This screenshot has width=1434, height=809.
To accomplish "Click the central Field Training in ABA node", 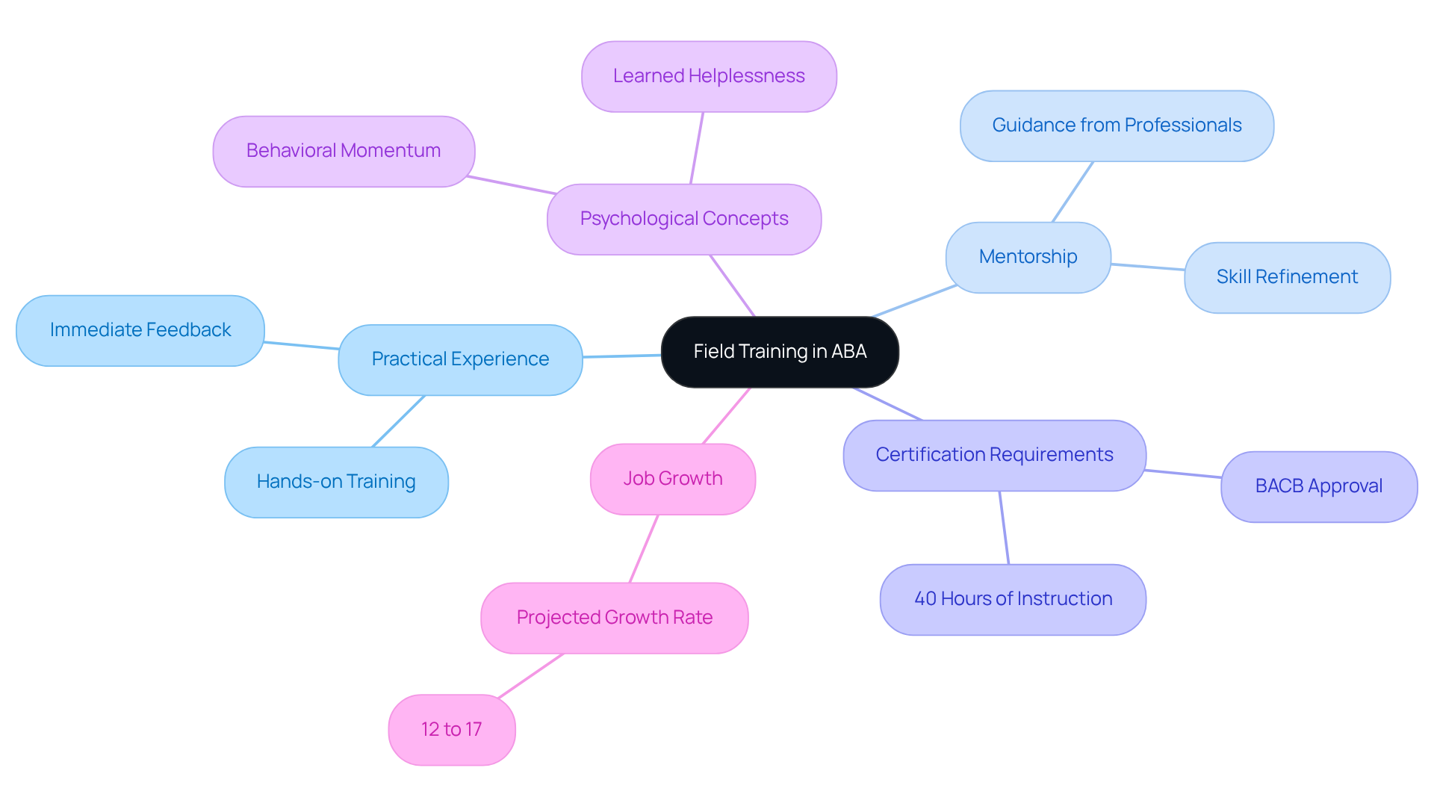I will [780, 352].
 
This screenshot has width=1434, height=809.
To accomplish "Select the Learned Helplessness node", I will [709, 76].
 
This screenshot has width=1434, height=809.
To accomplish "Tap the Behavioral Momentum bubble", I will [344, 151].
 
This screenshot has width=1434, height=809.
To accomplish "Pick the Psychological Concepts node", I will [684, 219].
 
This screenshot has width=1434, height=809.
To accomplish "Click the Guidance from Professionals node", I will [1117, 125].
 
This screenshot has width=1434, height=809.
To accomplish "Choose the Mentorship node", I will [1028, 257].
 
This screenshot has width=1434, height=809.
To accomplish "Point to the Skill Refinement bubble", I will [1287, 277].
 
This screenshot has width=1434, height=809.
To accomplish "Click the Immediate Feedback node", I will [140, 330].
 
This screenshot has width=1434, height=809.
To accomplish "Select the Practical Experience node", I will [460, 359].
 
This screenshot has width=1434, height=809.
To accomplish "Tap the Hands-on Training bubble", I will [336, 482].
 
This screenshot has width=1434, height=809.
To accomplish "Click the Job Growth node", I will [673, 479].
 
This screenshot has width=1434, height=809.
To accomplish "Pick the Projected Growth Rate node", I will [615, 618].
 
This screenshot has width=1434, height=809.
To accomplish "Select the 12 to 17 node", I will [452, 730].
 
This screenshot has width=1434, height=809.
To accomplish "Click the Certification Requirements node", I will [994, 455].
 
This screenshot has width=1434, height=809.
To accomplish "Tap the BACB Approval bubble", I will [1319, 486].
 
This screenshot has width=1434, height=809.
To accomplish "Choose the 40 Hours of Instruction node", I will [1013, 599].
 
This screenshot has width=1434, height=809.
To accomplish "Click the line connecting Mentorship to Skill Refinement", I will [1148, 267].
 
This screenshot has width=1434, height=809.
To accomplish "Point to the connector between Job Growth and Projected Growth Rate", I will [644, 548].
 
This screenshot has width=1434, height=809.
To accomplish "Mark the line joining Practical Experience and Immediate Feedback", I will [302, 345].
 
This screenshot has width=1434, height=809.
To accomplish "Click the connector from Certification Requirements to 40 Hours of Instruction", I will [1004, 527].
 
